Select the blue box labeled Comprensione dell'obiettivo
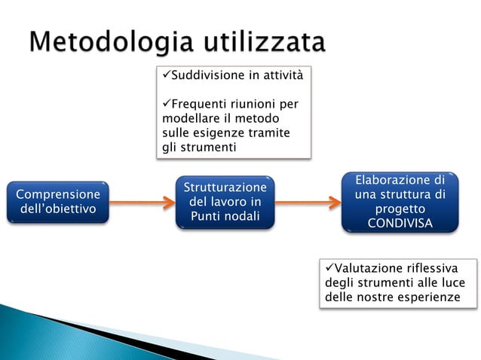[x=57, y=202]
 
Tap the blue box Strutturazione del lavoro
[x=225, y=202]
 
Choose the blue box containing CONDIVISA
[x=400, y=202]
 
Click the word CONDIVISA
[x=400, y=224]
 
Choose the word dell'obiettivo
[x=57, y=209]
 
